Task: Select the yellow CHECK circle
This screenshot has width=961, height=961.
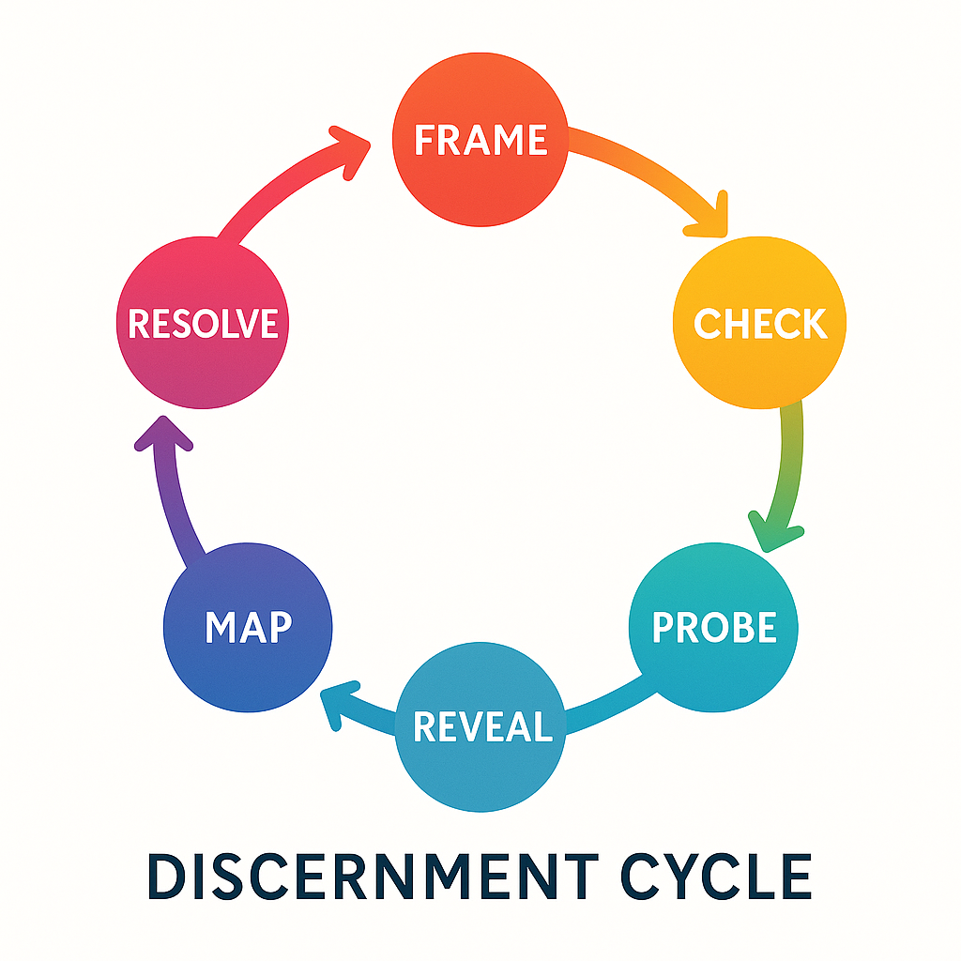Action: (760, 324)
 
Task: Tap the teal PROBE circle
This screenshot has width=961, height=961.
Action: (713, 627)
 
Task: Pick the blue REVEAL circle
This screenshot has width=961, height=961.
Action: (481, 726)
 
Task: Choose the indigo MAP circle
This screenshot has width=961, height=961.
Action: (248, 627)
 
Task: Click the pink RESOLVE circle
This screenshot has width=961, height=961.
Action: (203, 324)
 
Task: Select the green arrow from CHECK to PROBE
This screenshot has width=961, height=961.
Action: (789, 460)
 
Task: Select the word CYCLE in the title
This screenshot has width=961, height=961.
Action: (718, 877)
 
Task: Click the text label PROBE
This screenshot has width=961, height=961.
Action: (713, 627)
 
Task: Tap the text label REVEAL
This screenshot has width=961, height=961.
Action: (481, 726)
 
